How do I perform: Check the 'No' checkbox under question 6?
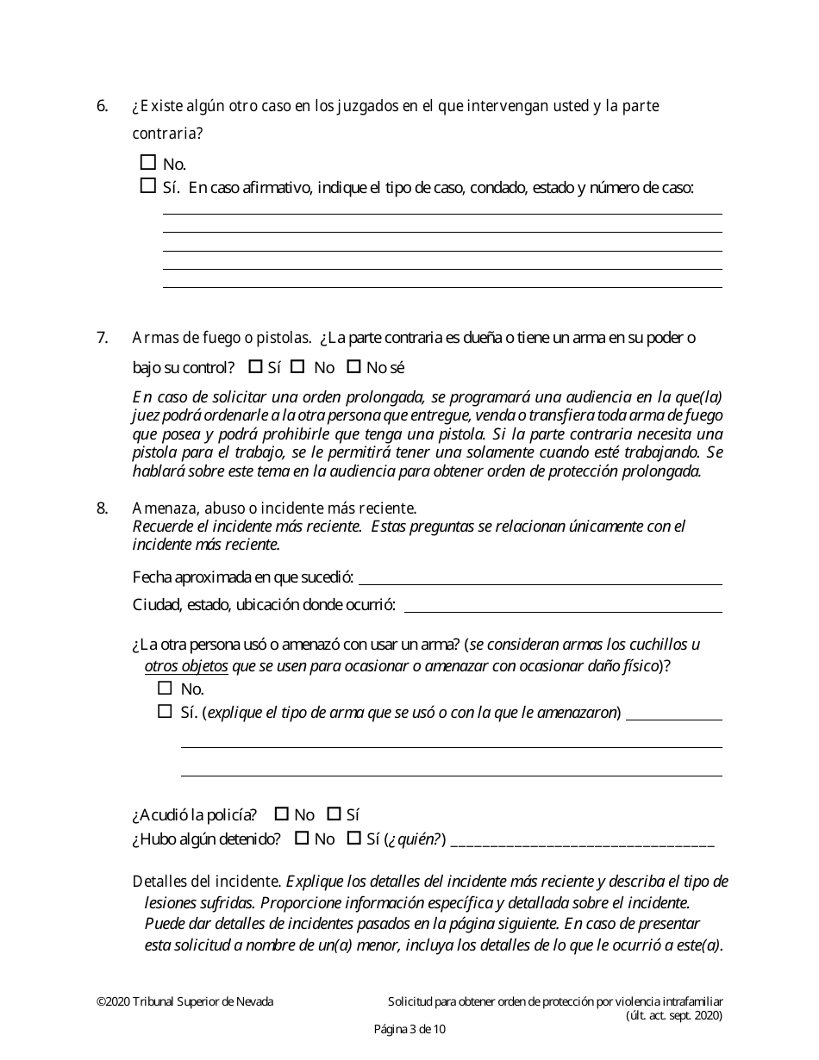(147, 162)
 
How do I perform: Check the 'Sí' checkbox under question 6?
(147, 185)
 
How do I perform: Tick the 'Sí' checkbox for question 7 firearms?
(255, 366)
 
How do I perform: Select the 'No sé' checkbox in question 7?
(353, 366)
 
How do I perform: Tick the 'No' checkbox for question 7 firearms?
(297, 366)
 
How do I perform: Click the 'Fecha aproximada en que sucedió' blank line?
(541, 577)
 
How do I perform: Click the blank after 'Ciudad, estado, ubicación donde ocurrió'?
(562, 605)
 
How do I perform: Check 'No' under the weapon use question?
(166, 688)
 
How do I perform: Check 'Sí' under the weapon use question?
(166, 711)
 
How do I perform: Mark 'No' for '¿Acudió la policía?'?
(281, 814)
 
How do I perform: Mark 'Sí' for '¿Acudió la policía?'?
(334, 814)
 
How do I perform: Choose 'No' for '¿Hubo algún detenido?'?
(302, 838)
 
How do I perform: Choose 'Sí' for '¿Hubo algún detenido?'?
(353, 838)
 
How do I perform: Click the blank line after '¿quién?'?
(582, 840)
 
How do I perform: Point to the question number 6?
(102, 106)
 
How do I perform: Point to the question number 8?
(102, 508)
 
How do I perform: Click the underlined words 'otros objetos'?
(186, 666)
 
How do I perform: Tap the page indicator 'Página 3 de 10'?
(409, 1028)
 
